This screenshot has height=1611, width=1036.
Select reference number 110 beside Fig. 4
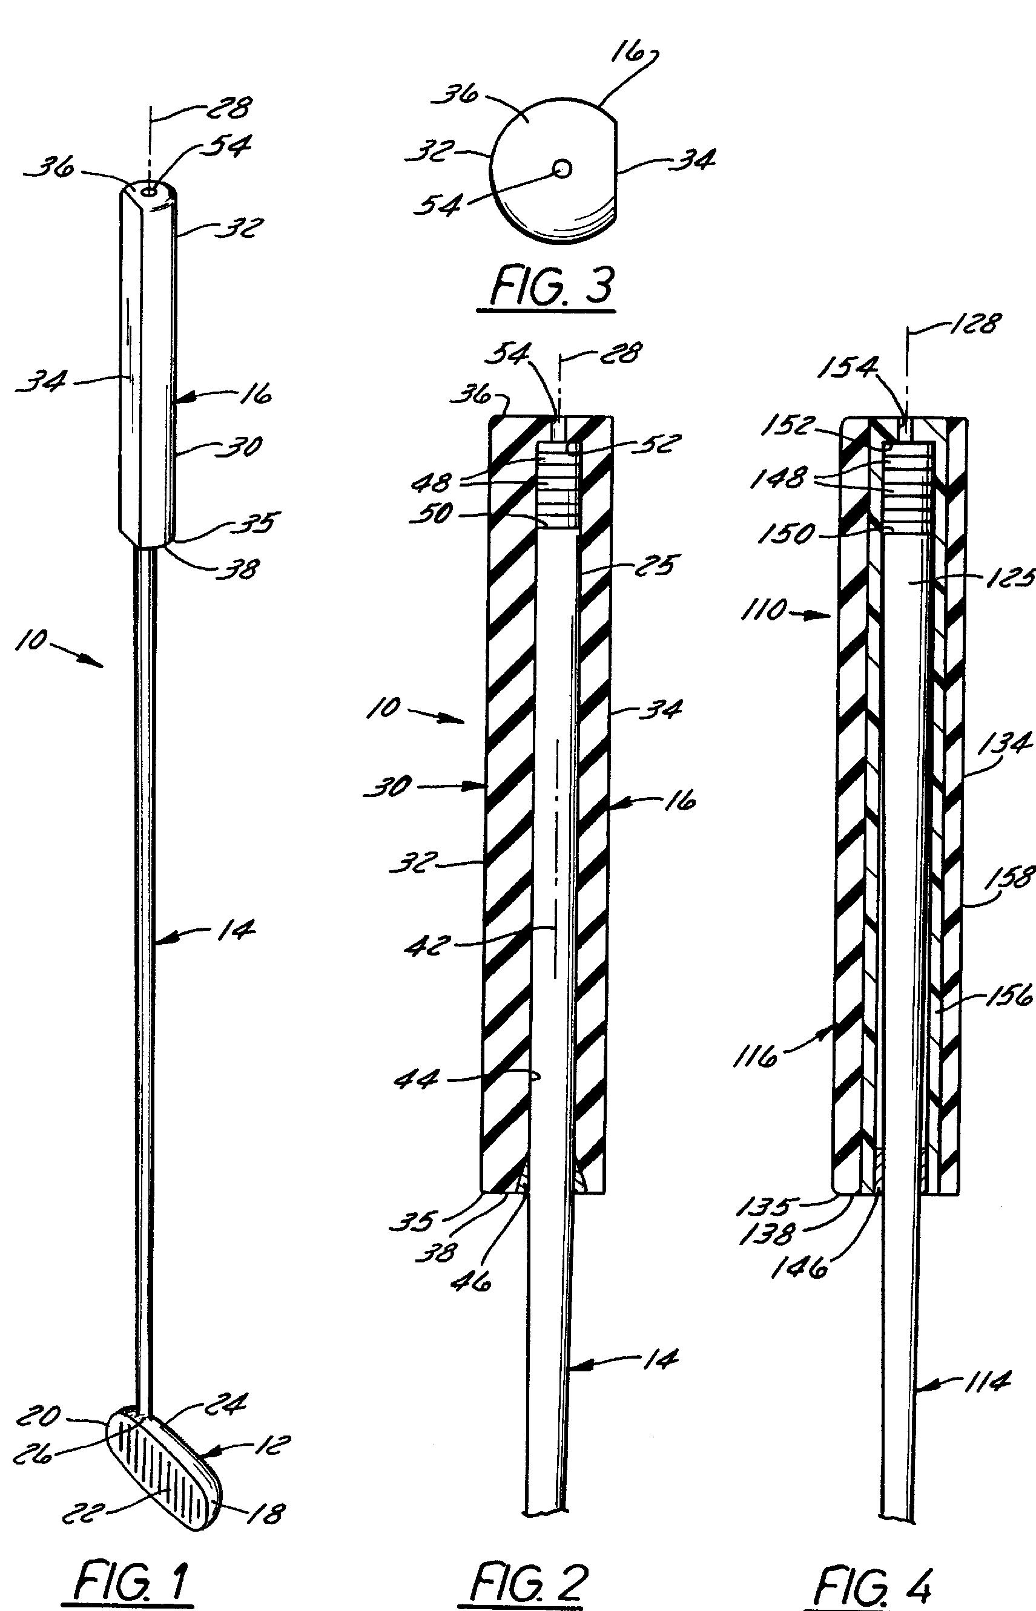[x=765, y=611]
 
